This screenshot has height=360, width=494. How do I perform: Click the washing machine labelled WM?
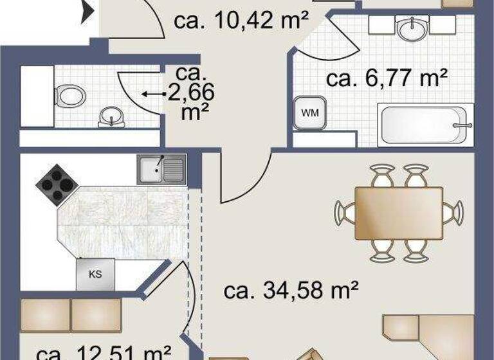point(310,113)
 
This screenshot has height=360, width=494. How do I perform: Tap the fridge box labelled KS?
point(95,274)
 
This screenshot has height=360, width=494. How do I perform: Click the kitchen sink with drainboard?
point(161,170)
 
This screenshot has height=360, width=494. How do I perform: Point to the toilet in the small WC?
point(69,96)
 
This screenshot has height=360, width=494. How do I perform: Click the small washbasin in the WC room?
point(110,117)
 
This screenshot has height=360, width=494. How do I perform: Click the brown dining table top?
point(399,213)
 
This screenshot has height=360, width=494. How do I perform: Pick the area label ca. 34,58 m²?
point(291,291)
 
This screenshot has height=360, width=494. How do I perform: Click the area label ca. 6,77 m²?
point(387,80)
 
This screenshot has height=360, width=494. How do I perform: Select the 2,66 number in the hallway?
point(190,94)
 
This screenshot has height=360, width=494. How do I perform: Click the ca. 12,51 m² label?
point(103,352)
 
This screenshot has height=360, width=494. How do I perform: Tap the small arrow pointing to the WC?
point(152,94)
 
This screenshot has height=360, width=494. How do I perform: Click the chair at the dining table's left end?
point(345,212)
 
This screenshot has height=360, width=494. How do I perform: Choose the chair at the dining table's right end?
point(454,212)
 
